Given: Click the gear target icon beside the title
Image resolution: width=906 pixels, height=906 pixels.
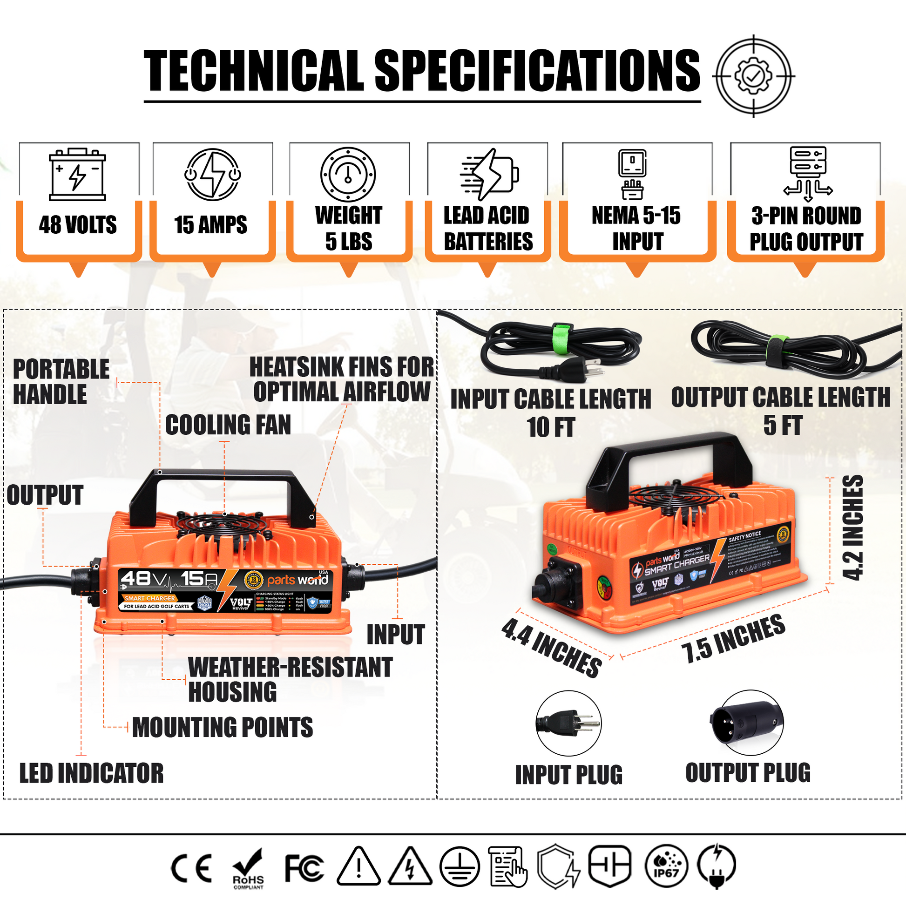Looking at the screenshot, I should coord(753,76).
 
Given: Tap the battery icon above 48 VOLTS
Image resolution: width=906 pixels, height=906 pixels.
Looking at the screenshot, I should coord(77,175).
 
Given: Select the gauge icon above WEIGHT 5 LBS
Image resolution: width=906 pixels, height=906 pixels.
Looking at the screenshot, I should coord(348,175).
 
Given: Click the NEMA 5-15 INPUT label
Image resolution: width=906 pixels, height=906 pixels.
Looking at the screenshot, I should coord(636,229).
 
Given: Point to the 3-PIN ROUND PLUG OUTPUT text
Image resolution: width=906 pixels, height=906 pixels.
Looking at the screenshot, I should coord(805,229).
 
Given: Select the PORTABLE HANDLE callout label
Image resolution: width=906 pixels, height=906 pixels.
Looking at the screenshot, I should coord(61,381).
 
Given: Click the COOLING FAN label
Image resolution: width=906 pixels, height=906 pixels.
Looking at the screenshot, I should coord(228,425).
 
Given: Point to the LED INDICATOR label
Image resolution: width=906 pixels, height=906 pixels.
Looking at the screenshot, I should coord(91,773).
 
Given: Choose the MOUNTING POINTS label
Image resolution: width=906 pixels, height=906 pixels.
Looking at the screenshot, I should coord(222,727).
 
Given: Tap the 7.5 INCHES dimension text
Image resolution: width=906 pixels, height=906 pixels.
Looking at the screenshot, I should coord(732,638).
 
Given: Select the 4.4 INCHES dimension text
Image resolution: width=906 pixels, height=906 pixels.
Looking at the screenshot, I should coord(552,648).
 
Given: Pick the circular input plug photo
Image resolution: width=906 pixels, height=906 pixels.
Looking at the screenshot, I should coord(568,723).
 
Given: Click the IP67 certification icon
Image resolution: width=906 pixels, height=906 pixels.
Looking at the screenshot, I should coord(666,866).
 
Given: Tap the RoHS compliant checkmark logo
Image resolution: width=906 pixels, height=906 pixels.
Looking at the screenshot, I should coord(248,868).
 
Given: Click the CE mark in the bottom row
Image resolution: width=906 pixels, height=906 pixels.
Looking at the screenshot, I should coord(191,868).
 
